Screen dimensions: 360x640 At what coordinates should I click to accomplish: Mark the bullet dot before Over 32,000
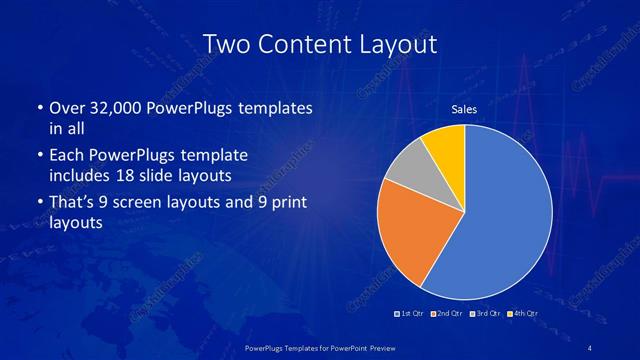pos(38,107)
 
